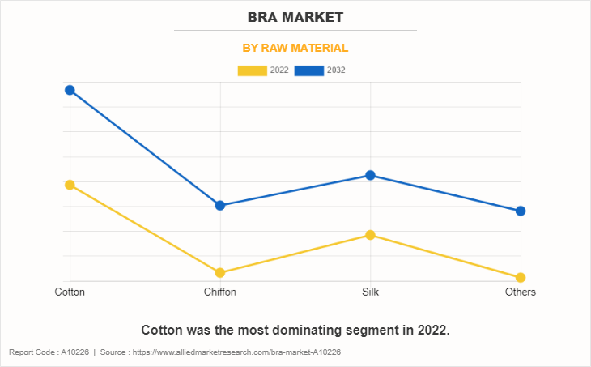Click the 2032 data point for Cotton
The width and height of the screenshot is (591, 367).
(70, 90)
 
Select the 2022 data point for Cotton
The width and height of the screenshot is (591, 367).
(70, 185)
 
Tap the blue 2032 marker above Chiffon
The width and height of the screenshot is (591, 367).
(220, 206)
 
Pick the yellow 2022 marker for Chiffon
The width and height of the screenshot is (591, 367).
(220, 273)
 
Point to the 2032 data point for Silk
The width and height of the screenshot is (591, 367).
(371, 175)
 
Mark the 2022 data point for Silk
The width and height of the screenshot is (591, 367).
(371, 235)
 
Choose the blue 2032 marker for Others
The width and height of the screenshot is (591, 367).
(521, 211)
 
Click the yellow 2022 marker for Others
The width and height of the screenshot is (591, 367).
(521, 278)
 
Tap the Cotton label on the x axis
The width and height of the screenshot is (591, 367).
(70, 292)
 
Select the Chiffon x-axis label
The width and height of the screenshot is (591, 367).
(220, 292)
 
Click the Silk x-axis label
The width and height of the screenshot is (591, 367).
(371, 292)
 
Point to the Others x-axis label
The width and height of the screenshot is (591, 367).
(520, 292)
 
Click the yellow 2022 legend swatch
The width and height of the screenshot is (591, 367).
(253, 70)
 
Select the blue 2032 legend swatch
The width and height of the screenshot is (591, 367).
(309, 70)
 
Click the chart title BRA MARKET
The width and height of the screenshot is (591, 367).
(295, 17)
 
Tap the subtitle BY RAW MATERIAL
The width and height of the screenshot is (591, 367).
(295, 49)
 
